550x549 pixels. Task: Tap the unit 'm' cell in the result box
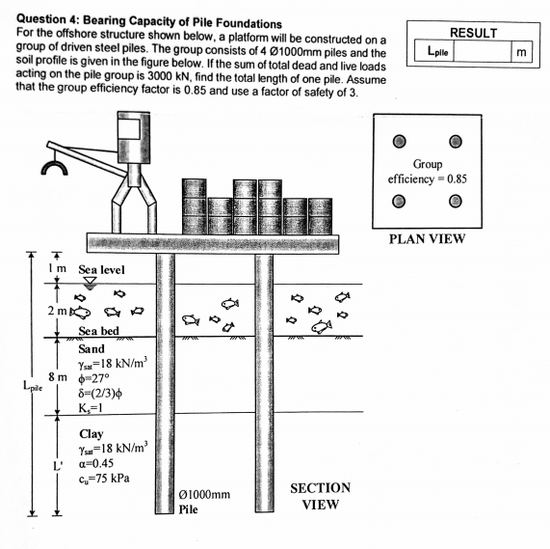[523, 52]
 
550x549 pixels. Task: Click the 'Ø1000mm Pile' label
[205, 502]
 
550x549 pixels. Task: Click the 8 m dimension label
[57, 375]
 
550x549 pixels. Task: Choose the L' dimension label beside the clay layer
[57, 465]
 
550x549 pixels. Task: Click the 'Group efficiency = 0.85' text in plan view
[427, 171]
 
